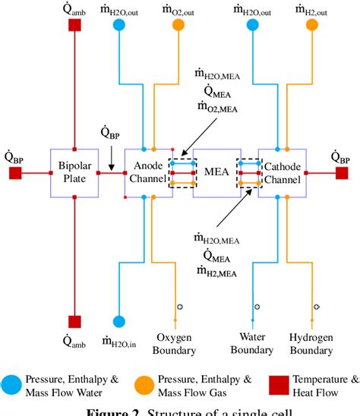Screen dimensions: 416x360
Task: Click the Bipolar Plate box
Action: [74, 173]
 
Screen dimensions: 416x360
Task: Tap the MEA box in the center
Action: [215, 173]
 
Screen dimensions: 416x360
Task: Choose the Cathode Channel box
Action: [282, 173]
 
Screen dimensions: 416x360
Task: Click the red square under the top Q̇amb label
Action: [74, 25]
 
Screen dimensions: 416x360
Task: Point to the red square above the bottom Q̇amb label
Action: [74, 321]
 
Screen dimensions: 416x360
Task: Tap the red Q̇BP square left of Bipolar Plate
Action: [15, 173]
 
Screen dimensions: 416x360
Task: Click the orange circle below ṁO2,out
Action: [178, 25]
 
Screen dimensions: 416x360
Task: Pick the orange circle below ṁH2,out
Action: [311, 25]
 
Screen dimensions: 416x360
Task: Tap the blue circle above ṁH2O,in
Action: [119, 321]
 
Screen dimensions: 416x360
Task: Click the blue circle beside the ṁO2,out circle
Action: [119, 25]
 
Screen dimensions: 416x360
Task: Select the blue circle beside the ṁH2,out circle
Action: [252, 25]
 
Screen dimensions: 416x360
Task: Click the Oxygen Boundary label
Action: [176, 344]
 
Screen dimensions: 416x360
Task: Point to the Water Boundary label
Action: [251, 344]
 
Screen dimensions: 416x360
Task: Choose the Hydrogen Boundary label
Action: [313, 344]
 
